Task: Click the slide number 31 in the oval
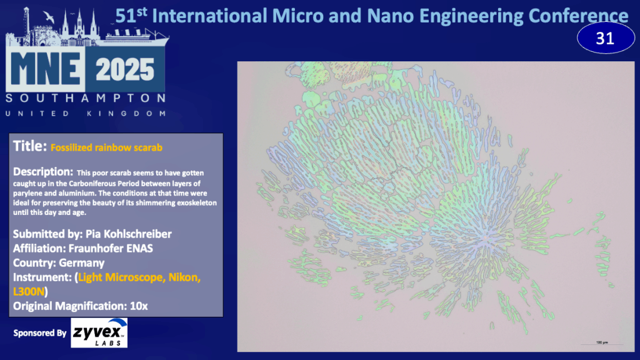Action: pyautogui.click(x=605, y=39)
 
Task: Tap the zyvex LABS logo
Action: pyautogui.click(x=99, y=333)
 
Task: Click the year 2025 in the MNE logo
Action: pyautogui.click(x=125, y=70)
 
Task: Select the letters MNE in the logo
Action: pyautogui.click(x=45, y=69)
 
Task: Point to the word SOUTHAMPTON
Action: pyautogui.click(x=85, y=98)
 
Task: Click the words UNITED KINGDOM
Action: pyautogui.click(x=85, y=114)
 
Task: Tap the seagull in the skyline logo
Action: pyautogui.click(x=49, y=17)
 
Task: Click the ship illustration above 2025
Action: pyautogui.click(x=137, y=36)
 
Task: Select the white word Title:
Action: pyautogui.click(x=30, y=146)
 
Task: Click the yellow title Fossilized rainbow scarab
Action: pyautogui.click(x=106, y=147)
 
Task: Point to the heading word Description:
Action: pyautogui.click(x=43, y=172)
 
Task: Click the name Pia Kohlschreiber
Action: pyautogui.click(x=129, y=234)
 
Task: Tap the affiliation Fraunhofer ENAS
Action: pyautogui.click(x=111, y=248)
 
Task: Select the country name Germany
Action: pyautogui.click(x=82, y=263)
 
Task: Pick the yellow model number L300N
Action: pyautogui.click(x=29, y=292)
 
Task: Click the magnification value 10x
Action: pyautogui.click(x=139, y=306)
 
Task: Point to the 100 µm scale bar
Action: pyautogui.click(x=602, y=344)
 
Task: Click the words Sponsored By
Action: pyautogui.click(x=39, y=333)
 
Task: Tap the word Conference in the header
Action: pyautogui.click(x=578, y=16)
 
